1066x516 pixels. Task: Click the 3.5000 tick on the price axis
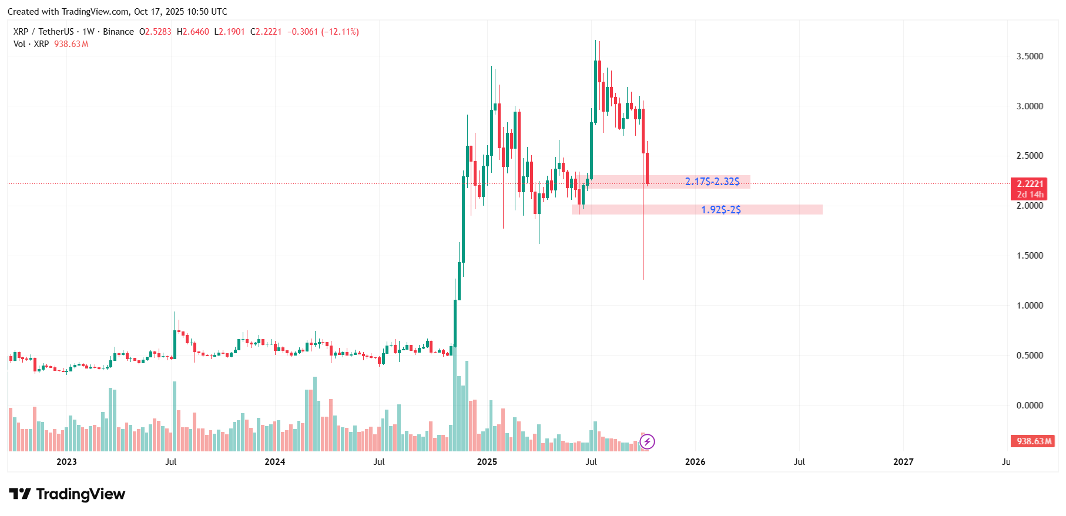(x=1030, y=56)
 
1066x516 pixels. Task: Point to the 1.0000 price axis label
(x=1030, y=306)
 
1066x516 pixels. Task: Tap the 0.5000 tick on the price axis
(x=1030, y=356)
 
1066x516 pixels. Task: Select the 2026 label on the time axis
(x=695, y=462)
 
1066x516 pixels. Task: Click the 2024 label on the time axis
(x=275, y=462)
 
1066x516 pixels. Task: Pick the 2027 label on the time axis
(x=903, y=462)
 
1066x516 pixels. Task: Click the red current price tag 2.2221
(x=1030, y=184)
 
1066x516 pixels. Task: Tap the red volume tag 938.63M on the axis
(x=1034, y=441)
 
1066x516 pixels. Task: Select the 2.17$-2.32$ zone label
(x=712, y=182)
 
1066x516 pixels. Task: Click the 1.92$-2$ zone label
(x=721, y=210)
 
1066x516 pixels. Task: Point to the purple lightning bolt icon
(x=647, y=441)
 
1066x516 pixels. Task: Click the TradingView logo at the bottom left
(x=68, y=494)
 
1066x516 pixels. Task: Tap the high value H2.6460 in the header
(x=193, y=32)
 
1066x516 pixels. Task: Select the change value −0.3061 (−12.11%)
(x=323, y=32)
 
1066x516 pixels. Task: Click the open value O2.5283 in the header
(x=155, y=32)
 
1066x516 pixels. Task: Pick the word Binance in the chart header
(x=118, y=32)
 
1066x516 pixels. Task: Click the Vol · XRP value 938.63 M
(x=71, y=44)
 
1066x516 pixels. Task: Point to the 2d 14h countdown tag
(x=1030, y=195)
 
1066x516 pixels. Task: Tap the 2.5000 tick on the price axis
(x=1030, y=156)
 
